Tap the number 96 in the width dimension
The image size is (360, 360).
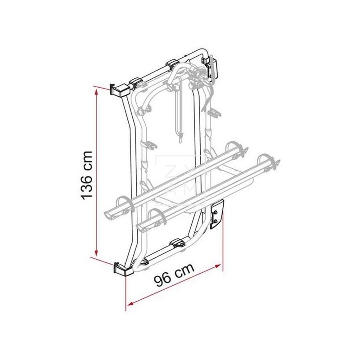164,279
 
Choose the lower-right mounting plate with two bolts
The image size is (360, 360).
217,215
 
